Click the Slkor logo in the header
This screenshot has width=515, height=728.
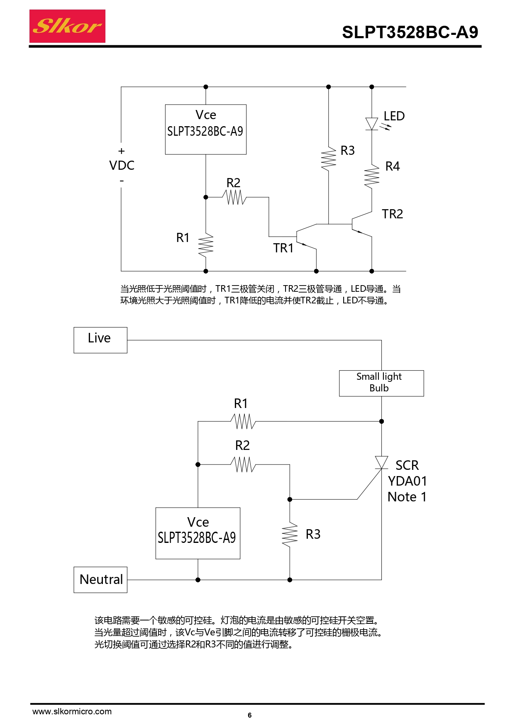click(67, 26)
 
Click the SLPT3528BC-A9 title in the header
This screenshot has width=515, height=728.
click(410, 32)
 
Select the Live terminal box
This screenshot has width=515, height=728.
click(100, 340)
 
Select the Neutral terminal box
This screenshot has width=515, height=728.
click(100, 579)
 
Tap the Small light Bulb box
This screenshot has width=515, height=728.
click(381, 383)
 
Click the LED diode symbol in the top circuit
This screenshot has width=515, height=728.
click(372, 124)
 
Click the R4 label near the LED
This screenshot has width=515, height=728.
click(392, 166)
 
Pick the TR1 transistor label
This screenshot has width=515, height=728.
click(283, 248)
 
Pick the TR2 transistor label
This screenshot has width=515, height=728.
click(392, 214)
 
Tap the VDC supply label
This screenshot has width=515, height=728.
click(122, 166)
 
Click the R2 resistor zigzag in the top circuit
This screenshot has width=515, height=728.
click(234, 197)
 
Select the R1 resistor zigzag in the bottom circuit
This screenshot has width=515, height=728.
click(243, 421)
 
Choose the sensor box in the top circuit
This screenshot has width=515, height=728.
click(205, 129)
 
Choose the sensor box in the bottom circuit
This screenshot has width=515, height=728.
click(198, 533)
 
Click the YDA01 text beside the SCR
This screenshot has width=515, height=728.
click(407, 481)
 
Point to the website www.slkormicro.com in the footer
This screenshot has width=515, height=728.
click(72, 711)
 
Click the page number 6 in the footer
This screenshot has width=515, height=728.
click(249, 715)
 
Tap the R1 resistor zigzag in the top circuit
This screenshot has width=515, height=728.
click(206, 245)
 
